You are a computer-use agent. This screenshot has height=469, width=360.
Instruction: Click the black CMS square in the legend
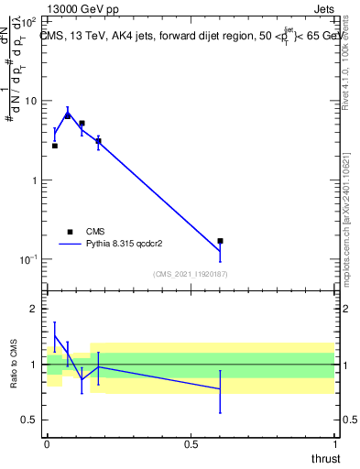tap(70, 232)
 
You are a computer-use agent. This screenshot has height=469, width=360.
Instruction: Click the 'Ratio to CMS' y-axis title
tap(14, 365)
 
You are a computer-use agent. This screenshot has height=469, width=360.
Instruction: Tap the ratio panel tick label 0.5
tap(28, 420)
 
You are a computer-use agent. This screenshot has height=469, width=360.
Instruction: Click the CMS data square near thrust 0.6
tap(220, 241)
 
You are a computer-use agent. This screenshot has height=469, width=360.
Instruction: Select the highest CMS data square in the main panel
tap(68, 115)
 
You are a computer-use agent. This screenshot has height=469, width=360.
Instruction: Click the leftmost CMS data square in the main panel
tap(55, 146)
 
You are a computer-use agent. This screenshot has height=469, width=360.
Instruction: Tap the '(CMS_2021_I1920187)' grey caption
tap(191, 274)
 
